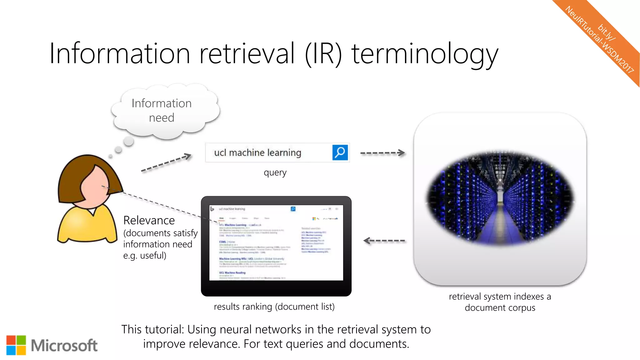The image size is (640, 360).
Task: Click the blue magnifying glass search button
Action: [x=340, y=152]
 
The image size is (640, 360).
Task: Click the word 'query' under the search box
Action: [x=275, y=172]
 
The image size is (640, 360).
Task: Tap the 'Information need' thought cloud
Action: [x=162, y=111]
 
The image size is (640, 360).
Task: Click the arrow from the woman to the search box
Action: [x=166, y=162]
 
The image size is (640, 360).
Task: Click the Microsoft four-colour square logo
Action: [x=16, y=345]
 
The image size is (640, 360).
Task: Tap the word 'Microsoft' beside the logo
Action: [x=64, y=346]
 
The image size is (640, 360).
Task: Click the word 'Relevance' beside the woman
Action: [x=149, y=221]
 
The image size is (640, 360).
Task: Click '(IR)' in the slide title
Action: [x=323, y=54]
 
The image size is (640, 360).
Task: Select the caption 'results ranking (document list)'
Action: [x=274, y=307]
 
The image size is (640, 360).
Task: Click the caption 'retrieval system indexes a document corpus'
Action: [x=500, y=302]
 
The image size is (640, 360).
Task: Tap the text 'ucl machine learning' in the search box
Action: [x=257, y=153]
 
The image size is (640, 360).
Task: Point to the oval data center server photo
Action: [x=500, y=198]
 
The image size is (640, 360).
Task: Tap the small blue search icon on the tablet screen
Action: [x=293, y=209]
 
